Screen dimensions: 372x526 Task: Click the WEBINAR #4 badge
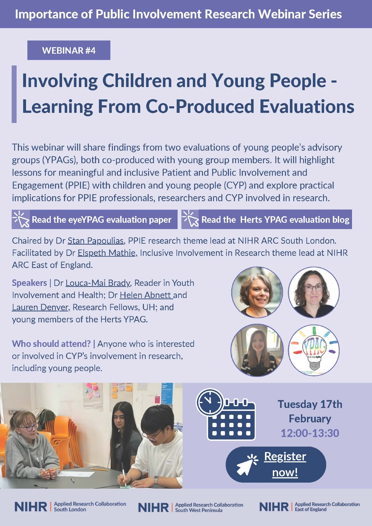pyautogui.click(x=69, y=50)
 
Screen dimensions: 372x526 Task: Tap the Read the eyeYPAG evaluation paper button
pyautogui.click(x=94, y=219)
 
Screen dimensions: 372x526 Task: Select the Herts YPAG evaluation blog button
pyautogui.click(x=267, y=219)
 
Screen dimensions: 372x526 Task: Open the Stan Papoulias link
pyautogui.click(x=96, y=241)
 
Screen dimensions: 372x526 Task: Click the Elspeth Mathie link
pyautogui.click(x=107, y=253)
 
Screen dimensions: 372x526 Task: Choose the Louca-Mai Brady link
pyautogui.click(x=98, y=283)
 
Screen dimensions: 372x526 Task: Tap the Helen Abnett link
pyautogui.click(x=146, y=295)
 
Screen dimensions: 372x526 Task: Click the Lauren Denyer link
pyautogui.click(x=41, y=307)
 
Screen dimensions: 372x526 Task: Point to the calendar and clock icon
pyautogui.click(x=226, y=414)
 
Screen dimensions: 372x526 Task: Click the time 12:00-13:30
pyautogui.click(x=310, y=433)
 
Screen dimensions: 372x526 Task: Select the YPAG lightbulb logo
pyautogui.click(x=314, y=350)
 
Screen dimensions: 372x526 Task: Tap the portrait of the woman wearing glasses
pyautogui.click(x=314, y=292)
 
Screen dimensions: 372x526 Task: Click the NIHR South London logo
pyautogui.click(x=70, y=507)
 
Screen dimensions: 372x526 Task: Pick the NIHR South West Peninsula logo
pyautogui.click(x=191, y=507)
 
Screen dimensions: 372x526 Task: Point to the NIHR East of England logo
pyautogui.click(x=309, y=507)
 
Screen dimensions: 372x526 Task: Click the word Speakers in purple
pyautogui.click(x=29, y=283)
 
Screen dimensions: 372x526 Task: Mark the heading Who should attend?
pyautogui.click(x=51, y=344)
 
